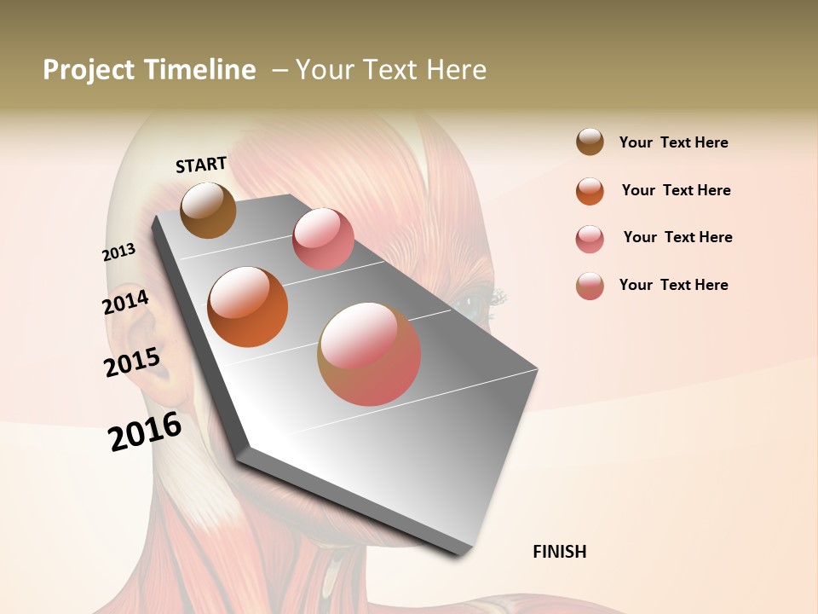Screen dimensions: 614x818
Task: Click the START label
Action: pos(201,165)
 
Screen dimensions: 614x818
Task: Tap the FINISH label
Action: pos(559,552)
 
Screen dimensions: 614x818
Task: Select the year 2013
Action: pos(119,252)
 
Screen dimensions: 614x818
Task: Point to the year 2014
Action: pos(126,303)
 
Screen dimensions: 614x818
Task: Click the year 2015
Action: pos(132,362)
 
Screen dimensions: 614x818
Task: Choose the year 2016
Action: pos(145,432)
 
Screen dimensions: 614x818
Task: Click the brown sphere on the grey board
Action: pos(208,210)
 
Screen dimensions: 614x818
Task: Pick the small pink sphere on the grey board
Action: pos(323,238)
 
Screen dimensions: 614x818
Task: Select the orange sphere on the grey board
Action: pos(247,306)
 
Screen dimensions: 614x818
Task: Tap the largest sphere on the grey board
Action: pos(369,353)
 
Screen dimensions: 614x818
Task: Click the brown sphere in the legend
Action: pos(590,142)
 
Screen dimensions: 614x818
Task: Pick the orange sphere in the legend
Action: pos(590,191)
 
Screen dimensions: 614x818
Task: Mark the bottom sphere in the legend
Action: pos(590,286)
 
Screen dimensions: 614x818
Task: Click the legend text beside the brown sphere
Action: pos(673,142)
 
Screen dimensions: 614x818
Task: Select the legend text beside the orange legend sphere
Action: pos(676,190)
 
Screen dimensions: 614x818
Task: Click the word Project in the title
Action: pos(89,70)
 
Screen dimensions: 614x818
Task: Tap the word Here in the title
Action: pos(456,70)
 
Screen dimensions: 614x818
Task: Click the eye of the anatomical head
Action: pos(471,300)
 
